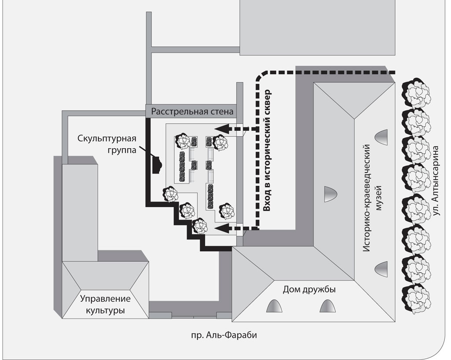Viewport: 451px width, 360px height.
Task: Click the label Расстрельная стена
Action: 192,111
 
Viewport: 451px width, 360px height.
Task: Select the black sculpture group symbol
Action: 156,165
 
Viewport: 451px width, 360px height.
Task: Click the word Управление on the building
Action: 106,299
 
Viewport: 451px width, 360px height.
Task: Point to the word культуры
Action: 105,311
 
